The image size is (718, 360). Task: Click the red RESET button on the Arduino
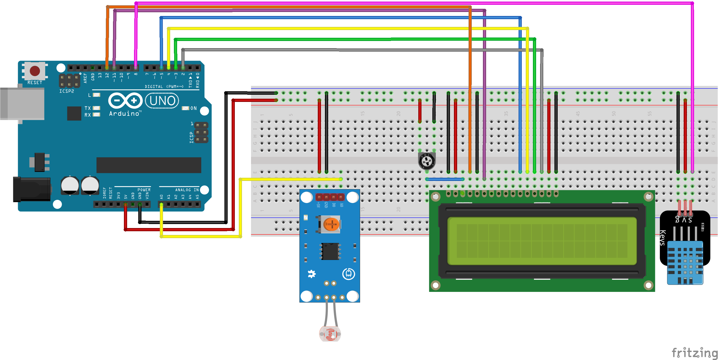pyautogui.click(x=35, y=71)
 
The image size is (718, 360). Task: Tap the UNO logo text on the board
pyautogui.click(x=162, y=101)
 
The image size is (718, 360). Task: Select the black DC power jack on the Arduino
pyautogui.click(x=31, y=189)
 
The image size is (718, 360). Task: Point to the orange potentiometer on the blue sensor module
pyautogui.click(x=331, y=224)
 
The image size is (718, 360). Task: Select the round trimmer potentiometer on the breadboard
pyautogui.click(x=427, y=161)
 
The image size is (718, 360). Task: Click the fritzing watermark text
pyautogui.click(x=694, y=353)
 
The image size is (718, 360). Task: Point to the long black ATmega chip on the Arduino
pyautogui.click(x=149, y=165)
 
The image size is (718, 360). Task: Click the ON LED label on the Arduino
pyautogui.click(x=193, y=108)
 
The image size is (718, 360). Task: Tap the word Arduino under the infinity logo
pyautogui.click(x=124, y=114)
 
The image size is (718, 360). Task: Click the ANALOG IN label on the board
pyautogui.click(x=187, y=190)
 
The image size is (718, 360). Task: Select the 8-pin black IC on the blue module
pyautogui.click(x=331, y=251)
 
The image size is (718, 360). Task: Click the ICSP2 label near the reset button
pyautogui.click(x=67, y=91)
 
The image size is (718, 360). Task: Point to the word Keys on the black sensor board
pyautogui.click(x=663, y=238)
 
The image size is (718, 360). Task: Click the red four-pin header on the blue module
pyautogui.click(x=330, y=197)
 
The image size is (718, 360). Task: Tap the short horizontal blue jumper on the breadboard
pyautogui.click(x=445, y=179)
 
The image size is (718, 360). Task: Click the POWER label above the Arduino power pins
pyautogui.click(x=144, y=190)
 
